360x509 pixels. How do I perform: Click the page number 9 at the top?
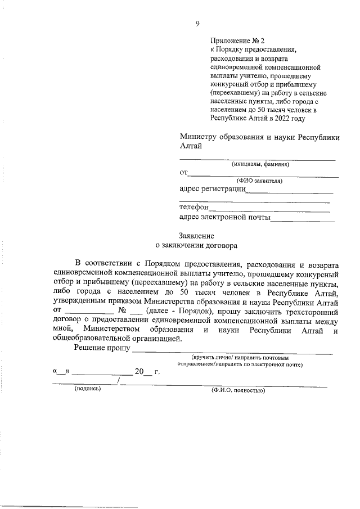(197, 23)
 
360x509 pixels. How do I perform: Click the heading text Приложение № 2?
(237, 41)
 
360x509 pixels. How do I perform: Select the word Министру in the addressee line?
(200, 137)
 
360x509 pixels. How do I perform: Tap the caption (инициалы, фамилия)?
(260, 165)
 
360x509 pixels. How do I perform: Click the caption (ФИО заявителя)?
(259, 181)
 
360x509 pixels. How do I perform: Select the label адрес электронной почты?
(224, 217)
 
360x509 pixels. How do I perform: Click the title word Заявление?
(196, 236)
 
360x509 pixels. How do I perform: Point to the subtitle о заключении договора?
(196, 245)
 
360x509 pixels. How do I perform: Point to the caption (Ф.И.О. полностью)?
(238, 389)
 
